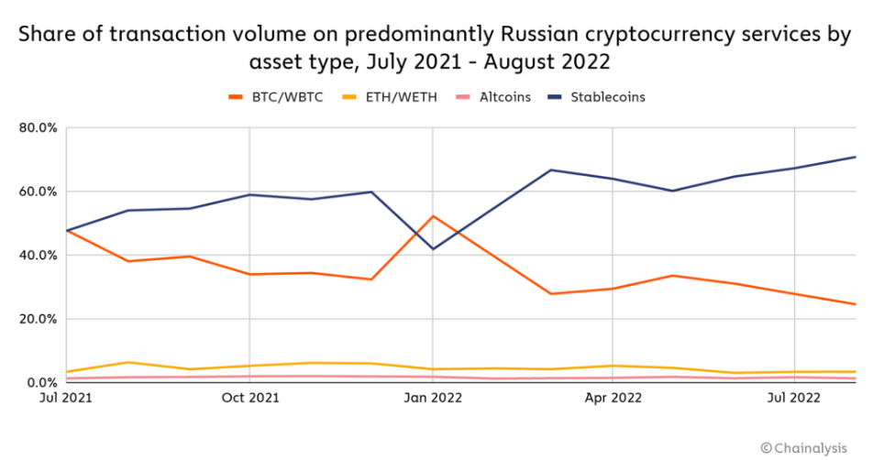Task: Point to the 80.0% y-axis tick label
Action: (x=39, y=128)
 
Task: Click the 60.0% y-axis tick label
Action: (x=39, y=192)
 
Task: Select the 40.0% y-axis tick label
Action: (x=39, y=256)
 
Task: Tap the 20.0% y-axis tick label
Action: (x=39, y=319)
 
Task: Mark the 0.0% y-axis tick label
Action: (x=41, y=383)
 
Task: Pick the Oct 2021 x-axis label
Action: (x=250, y=398)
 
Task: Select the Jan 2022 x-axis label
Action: (x=432, y=398)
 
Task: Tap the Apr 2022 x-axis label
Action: (x=613, y=398)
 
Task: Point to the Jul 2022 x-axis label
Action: (x=793, y=398)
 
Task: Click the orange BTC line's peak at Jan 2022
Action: (x=432, y=216)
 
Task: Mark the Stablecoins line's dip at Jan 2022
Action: (x=432, y=249)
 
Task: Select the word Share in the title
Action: (x=42, y=36)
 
